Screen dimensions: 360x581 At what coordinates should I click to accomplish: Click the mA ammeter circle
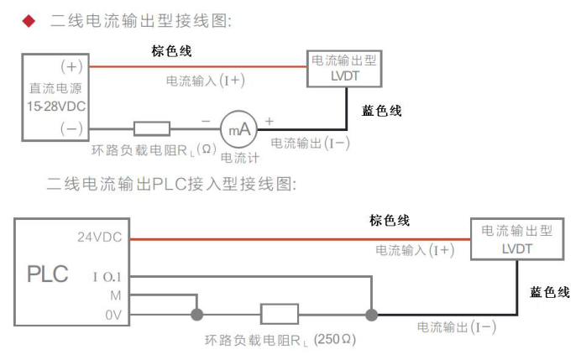pos(236,128)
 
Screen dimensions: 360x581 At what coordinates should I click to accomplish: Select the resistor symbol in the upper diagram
pos(152,128)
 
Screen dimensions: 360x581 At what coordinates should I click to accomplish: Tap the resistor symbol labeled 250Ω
pos(280,316)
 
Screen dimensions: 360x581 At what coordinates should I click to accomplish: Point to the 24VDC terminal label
pos(99,237)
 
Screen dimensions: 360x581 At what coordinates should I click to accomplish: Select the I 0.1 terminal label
pos(108,275)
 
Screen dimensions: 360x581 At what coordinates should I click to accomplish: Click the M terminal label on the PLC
pos(116,295)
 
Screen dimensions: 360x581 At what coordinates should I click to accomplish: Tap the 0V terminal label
pos(113,316)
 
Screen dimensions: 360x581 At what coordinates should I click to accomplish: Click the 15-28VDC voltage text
pos(55,107)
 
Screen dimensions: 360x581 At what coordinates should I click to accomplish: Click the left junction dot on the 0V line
pos(196,316)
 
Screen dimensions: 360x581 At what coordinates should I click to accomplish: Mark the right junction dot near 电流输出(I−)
pos(370,316)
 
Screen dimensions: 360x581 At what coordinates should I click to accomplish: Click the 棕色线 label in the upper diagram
pos(172,52)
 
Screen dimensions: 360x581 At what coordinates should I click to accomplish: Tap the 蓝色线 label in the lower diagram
pos(550,293)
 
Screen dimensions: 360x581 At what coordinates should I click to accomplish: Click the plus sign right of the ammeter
pos(269,121)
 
